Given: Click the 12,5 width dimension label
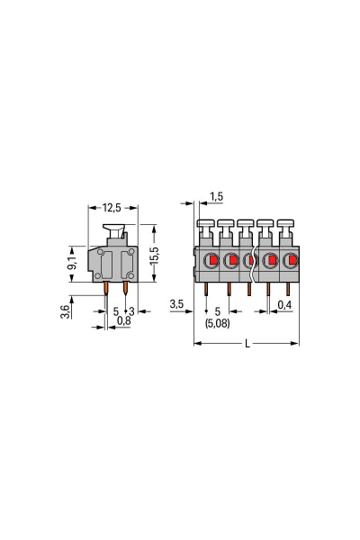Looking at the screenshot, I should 111,208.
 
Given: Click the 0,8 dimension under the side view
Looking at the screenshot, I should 123,320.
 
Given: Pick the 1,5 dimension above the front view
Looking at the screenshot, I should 216,196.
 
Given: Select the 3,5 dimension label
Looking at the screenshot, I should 177,306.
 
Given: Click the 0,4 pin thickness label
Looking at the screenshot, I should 284,306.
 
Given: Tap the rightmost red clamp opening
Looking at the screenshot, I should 290,262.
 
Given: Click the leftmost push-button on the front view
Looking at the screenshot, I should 205,225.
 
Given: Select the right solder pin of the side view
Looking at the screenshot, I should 125,289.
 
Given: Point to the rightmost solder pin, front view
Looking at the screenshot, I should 288,289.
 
